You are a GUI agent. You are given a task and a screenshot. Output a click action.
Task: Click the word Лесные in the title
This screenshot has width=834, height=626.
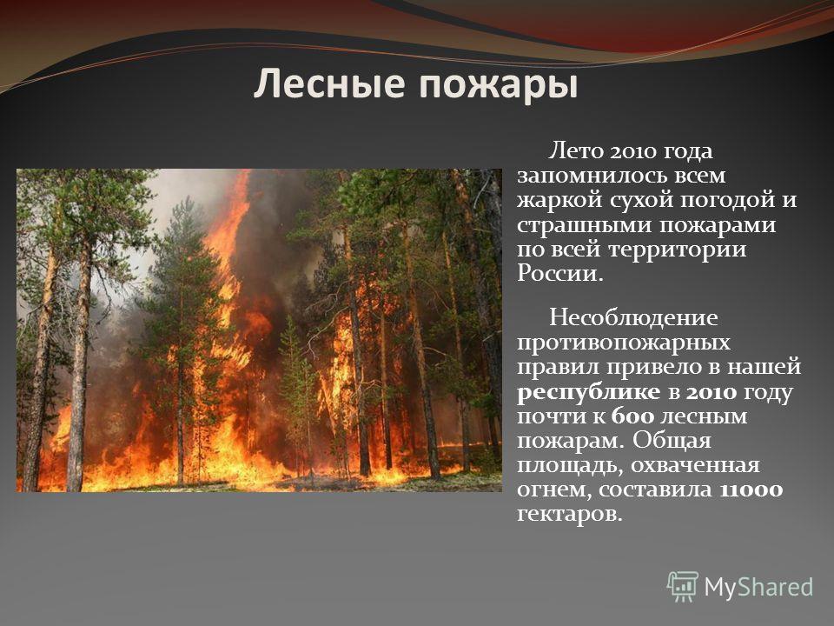pos(330,84)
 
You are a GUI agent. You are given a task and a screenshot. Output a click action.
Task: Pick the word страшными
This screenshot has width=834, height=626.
pos(586,226)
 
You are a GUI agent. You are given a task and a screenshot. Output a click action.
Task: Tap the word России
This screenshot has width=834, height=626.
pos(560,274)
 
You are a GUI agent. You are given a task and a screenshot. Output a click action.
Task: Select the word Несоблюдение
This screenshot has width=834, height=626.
pos(633,318)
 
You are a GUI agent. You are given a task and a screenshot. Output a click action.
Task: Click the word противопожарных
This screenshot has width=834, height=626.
pos(624,343)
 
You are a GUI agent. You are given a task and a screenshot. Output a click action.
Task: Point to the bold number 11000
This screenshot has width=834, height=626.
pos(751,489)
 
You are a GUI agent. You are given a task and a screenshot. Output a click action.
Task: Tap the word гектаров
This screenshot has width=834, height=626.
pos(569,515)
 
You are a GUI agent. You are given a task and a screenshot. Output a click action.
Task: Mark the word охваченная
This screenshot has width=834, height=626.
pos(696,466)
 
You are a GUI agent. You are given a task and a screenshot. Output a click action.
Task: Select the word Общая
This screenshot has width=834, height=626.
pos(672,441)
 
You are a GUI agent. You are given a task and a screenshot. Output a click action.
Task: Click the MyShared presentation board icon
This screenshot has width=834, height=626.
pos(683,587)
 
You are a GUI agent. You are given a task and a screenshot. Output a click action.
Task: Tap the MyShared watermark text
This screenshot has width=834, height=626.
pos(758,587)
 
